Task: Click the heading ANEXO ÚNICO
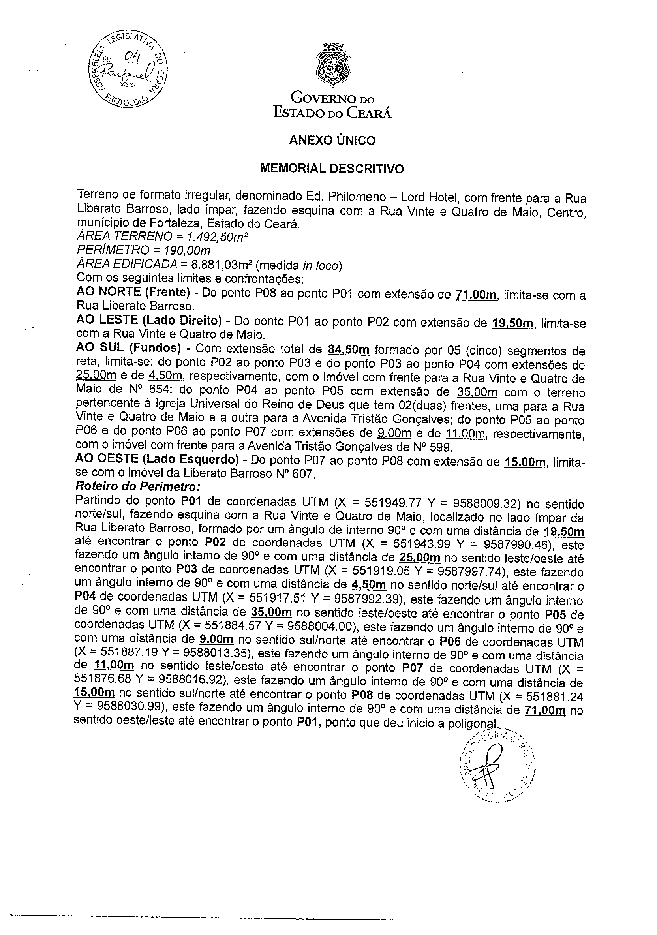[332, 141]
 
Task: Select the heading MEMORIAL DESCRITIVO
[332, 168]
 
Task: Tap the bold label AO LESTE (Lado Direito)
[149, 321]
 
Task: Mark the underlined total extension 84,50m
[348, 350]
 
